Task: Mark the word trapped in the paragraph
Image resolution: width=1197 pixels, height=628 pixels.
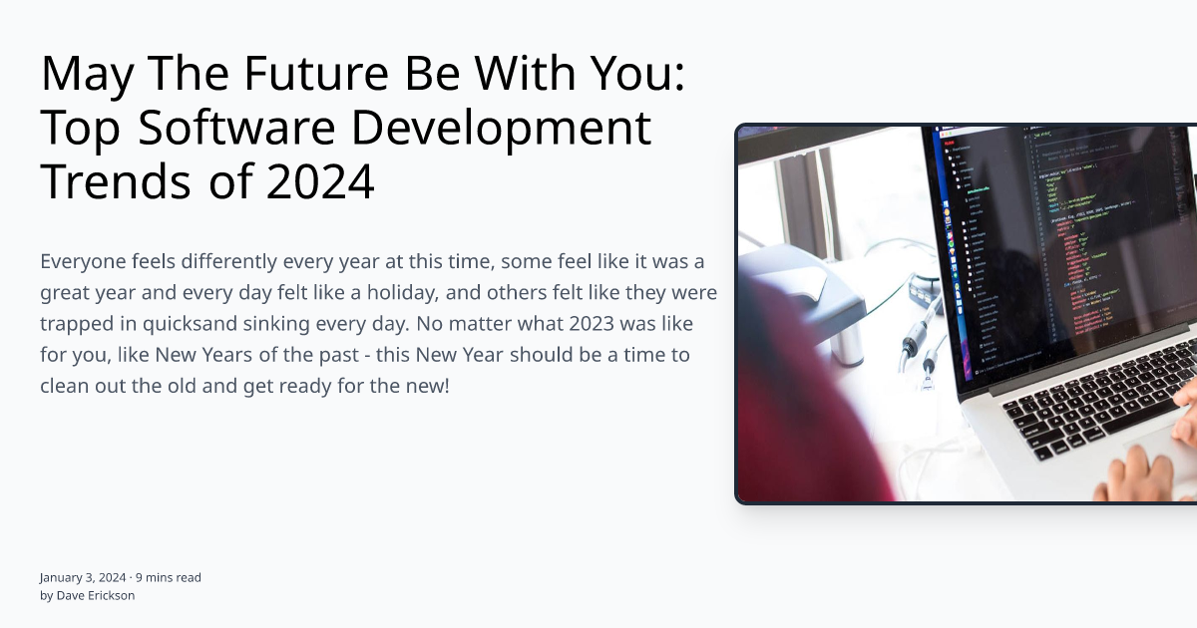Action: (x=77, y=324)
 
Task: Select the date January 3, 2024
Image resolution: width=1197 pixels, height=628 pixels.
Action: (x=83, y=577)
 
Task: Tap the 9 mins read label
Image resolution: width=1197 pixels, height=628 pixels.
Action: (x=169, y=577)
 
